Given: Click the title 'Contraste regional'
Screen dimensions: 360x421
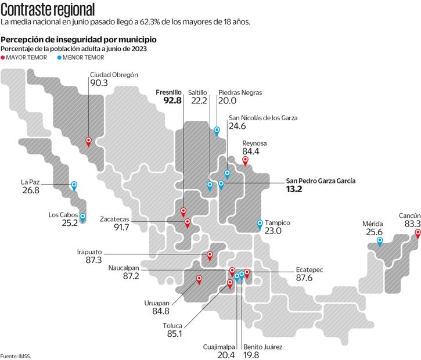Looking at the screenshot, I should point(48,9).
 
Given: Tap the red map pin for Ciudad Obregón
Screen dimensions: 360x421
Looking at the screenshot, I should point(88,141).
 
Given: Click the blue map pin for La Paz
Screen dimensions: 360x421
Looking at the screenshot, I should point(74,185).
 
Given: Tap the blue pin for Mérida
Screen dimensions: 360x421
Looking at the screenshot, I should point(380,241).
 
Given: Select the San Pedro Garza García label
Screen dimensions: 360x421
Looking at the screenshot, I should point(321,181).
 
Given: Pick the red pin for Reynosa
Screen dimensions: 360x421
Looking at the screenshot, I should point(245,160).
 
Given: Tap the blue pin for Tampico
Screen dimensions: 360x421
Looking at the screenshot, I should point(260,224).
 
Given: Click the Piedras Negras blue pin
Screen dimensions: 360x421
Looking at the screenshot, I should point(217,131).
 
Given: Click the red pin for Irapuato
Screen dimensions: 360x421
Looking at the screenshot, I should point(210,255).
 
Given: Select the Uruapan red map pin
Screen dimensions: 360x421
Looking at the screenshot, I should point(199,279).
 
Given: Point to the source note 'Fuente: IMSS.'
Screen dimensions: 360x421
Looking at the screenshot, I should point(15,355).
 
